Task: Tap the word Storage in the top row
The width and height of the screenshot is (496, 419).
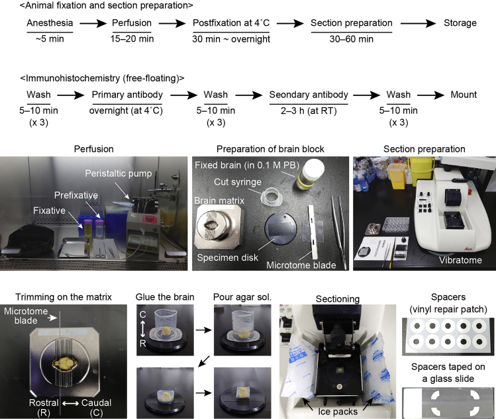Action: click(x=460, y=23)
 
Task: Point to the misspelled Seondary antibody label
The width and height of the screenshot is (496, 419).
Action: click(x=308, y=95)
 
